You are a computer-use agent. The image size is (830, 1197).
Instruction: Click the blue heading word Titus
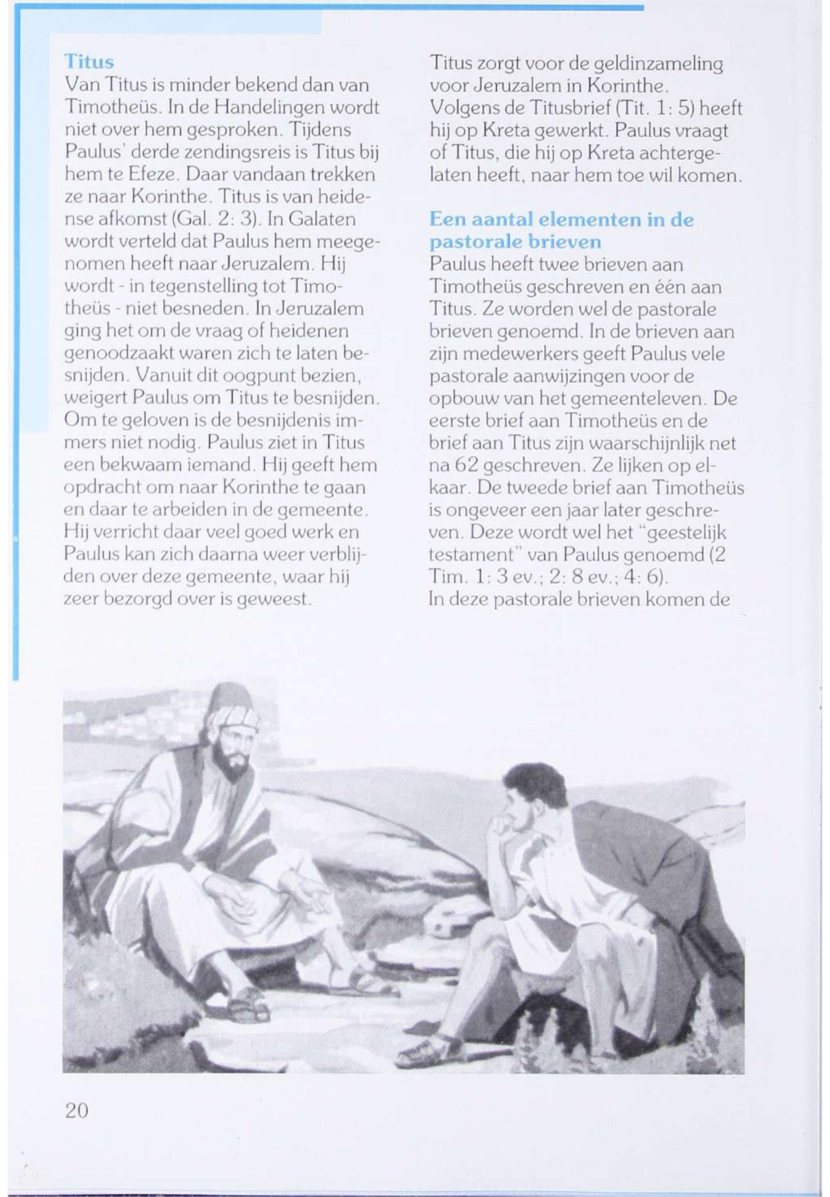(x=89, y=62)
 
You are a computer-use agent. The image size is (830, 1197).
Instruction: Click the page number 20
(x=76, y=1110)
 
